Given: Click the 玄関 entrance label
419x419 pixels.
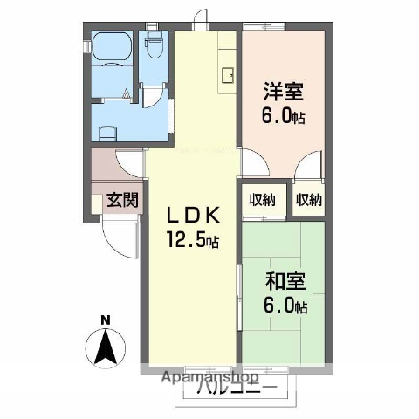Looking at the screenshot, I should (x=122, y=199).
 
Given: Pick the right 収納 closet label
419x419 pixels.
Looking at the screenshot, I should (x=308, y=199).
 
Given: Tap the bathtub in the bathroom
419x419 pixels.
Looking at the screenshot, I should (x=111, y=48).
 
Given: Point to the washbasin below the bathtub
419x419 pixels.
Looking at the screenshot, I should (x=108, y=133).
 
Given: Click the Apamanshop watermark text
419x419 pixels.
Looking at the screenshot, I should (x=209, y=378).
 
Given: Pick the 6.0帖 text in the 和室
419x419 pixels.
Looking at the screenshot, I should (x=285, y=306).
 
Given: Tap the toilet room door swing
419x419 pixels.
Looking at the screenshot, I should (x=154, y=98).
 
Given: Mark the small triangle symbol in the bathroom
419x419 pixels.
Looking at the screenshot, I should (x=127, y=92).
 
